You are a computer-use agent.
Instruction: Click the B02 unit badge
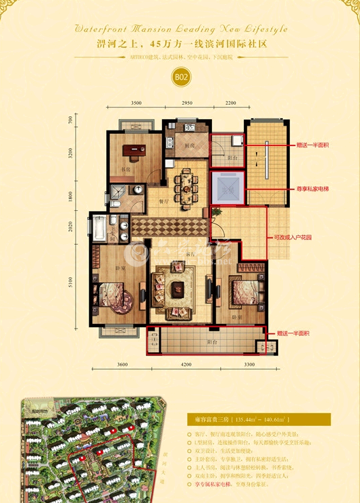click(180, 77)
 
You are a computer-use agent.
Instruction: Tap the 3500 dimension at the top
click(136, 103)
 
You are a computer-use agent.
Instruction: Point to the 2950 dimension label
click(187, 103)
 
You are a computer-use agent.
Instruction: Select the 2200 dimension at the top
click(230, 103)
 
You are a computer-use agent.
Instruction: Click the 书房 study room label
click(125, 170)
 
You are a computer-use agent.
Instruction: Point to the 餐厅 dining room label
click(163, 201)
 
